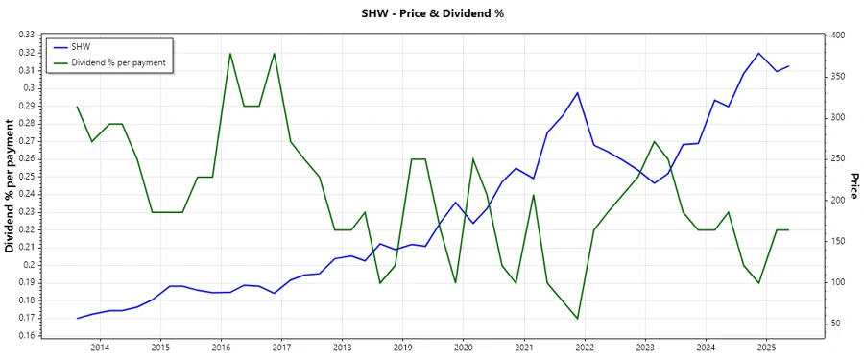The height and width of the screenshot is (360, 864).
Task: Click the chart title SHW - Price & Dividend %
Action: [x=432, y=13]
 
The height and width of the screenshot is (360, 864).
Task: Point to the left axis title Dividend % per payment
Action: [x=11, y=186]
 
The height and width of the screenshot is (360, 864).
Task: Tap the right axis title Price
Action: [x=852, y=186]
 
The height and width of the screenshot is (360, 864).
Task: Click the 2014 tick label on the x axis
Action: [x=100, y=347]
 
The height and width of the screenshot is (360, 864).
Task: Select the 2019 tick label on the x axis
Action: [x=402, y=347]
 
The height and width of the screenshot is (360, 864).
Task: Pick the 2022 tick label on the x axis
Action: [x=584, y=347]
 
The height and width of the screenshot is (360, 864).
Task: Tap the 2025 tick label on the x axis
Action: [x=765, y=347]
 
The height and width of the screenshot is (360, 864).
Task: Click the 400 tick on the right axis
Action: [x=837, y=36]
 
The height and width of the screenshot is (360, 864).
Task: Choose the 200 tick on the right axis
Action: [x=837, y=200]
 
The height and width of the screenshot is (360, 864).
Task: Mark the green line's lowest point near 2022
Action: [x=577, y=319]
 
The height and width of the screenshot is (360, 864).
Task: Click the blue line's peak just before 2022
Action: [x=577, y=92]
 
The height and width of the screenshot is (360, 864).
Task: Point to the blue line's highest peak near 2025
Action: [x=758, y=53]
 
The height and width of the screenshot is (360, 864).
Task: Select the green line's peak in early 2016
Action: [x=230, y=53]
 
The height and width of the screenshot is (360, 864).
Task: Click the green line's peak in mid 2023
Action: [x=654, y=141]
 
